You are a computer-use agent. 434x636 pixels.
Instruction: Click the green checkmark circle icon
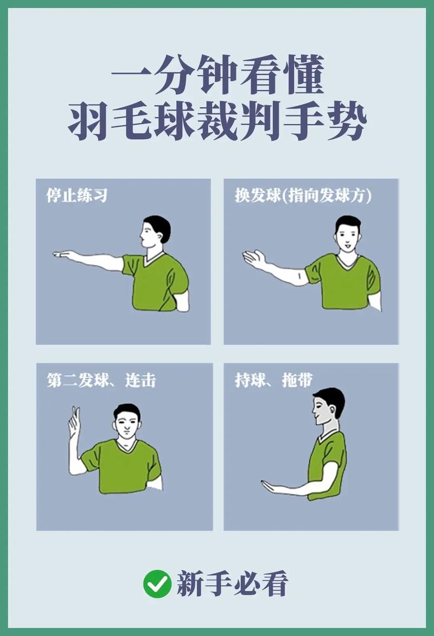[157, 584]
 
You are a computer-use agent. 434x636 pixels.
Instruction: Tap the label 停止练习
[76, 196]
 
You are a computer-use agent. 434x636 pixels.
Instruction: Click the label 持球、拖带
[273, 380]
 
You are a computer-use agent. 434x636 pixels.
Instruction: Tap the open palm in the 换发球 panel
[254, 259]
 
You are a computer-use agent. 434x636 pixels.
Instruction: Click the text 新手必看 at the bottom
[232, 584]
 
